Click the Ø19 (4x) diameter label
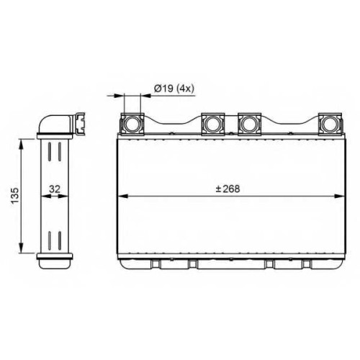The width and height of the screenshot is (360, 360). point(174,89)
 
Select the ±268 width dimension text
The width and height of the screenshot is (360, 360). point(228,189)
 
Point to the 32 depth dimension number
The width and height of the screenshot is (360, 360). point(55,189)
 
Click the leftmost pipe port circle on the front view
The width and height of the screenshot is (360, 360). point(132,124)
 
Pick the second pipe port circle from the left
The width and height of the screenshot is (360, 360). point(213,124)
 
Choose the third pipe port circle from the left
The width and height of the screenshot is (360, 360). point(249,124)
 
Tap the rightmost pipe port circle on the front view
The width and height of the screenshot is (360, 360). point(330,124)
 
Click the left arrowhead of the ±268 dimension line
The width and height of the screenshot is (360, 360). point(122,197)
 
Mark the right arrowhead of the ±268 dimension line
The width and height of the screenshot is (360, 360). point(339,197)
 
